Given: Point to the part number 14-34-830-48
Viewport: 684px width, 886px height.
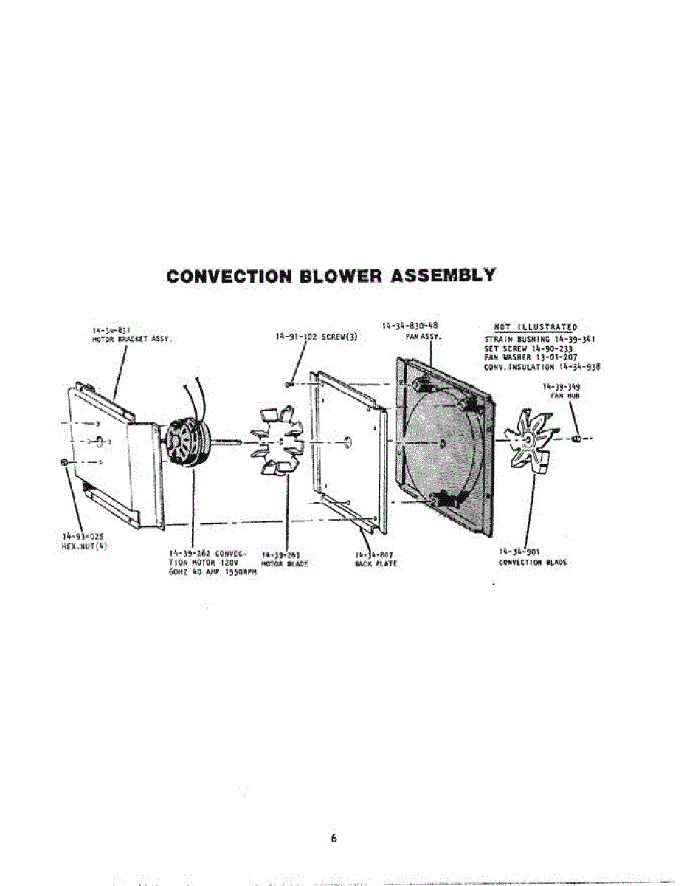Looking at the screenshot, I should [x=411, y=326].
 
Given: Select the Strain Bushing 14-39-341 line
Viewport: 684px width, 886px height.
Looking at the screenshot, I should [x=538, y=339].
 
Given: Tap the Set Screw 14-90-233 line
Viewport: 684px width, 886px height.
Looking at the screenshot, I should [x=528, y=348].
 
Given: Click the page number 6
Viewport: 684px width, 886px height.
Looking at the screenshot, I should [x=334, y=838].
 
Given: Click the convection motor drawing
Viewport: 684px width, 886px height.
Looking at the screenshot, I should [x=185, y=444].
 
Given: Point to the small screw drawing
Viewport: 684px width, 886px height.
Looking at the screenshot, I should [x=290, y=383].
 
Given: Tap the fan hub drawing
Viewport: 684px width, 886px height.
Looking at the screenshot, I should [x=576, y=439].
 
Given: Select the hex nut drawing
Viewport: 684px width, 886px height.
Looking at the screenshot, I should [x=65, y=462].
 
